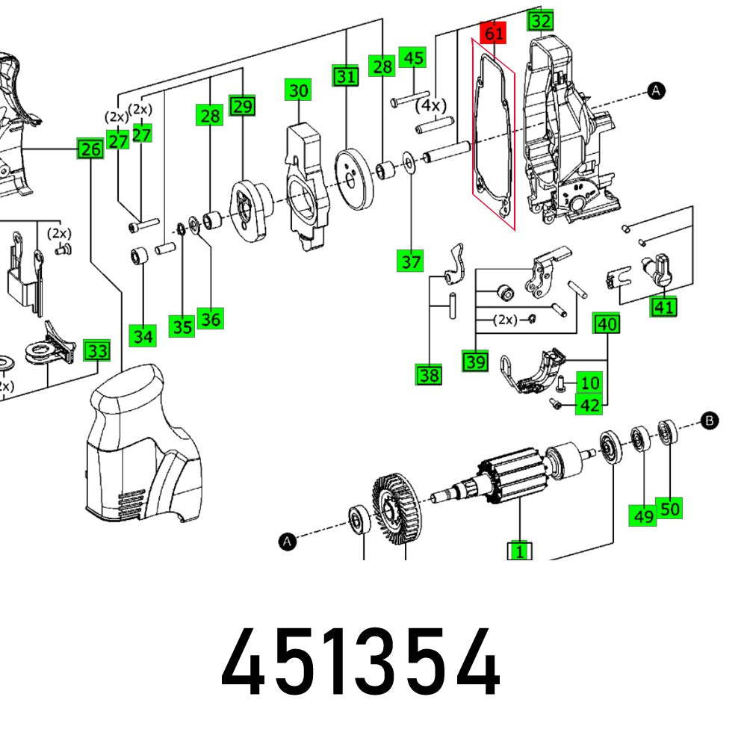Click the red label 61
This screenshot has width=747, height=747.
pos(493,34)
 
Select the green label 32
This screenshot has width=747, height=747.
pos(541,21)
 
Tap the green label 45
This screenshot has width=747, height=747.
pos(412,58)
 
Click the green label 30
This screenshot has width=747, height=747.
pos(298,91)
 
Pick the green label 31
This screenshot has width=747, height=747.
pos(345,76)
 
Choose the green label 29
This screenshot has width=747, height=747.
pos(242,106)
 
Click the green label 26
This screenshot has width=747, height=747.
pos(90,150)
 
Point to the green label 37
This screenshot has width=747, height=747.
pos(411,262)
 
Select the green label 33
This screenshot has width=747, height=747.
pos(96,350)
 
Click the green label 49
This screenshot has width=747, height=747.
pos(643,515)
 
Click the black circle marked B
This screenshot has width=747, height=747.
pos(710,421)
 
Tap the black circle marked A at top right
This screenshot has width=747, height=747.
pos(656,91)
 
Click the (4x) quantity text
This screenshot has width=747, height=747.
pos(430,105)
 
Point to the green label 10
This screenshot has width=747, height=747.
pos(589,383)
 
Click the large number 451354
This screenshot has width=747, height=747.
pos(361,663)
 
